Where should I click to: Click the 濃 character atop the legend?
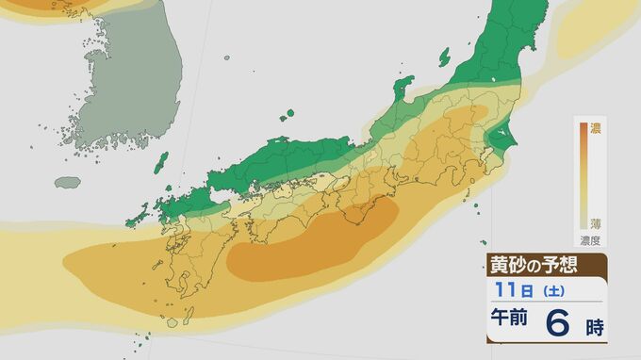(x=596, y=127)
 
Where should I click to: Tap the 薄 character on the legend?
(x=596, y=222)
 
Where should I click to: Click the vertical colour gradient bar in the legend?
(x=583, y=176)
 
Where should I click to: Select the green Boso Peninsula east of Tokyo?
(x=498, y=144)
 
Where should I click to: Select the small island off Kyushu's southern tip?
(x=170, y=321)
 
